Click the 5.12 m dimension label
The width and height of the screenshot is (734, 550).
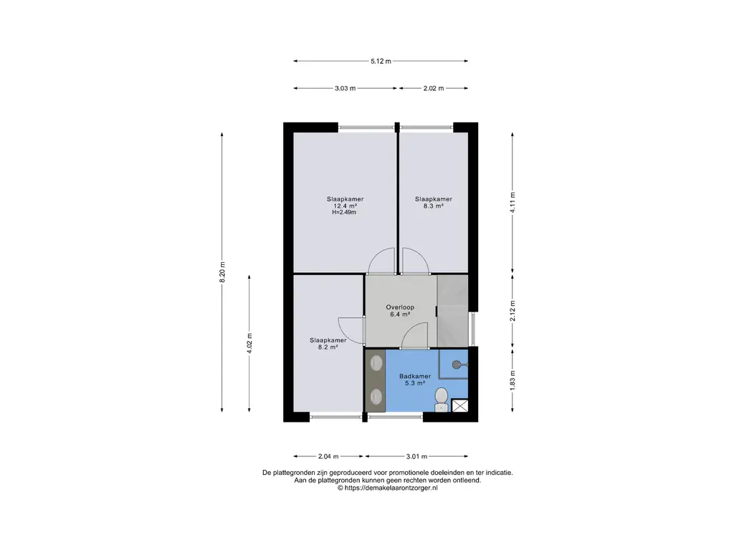(381, 62)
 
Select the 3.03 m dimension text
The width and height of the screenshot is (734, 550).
(345, 88)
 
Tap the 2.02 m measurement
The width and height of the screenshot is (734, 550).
(434, 88)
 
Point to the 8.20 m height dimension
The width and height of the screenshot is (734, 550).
(222, 271)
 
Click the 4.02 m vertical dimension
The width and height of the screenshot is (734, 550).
(249, 343)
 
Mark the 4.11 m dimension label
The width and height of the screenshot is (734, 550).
(513, 203)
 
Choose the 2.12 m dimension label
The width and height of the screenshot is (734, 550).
(513, 311)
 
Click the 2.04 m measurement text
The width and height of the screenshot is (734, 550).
(328, 456)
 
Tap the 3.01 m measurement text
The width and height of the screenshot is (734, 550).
(416, 456)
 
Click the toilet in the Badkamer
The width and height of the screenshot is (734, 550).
(441, 400)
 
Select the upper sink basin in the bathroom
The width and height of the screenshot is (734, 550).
(376, 363)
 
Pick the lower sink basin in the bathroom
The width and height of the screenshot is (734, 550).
(376, 397)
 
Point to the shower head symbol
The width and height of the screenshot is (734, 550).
(457, 365)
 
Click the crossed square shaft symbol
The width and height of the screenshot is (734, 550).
(459, 405)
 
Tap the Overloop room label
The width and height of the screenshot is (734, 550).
(400, 308)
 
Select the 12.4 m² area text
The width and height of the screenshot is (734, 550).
(345, 206)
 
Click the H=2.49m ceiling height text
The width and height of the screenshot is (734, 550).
(344, 212)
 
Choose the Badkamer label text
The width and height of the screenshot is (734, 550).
(415, 377)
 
